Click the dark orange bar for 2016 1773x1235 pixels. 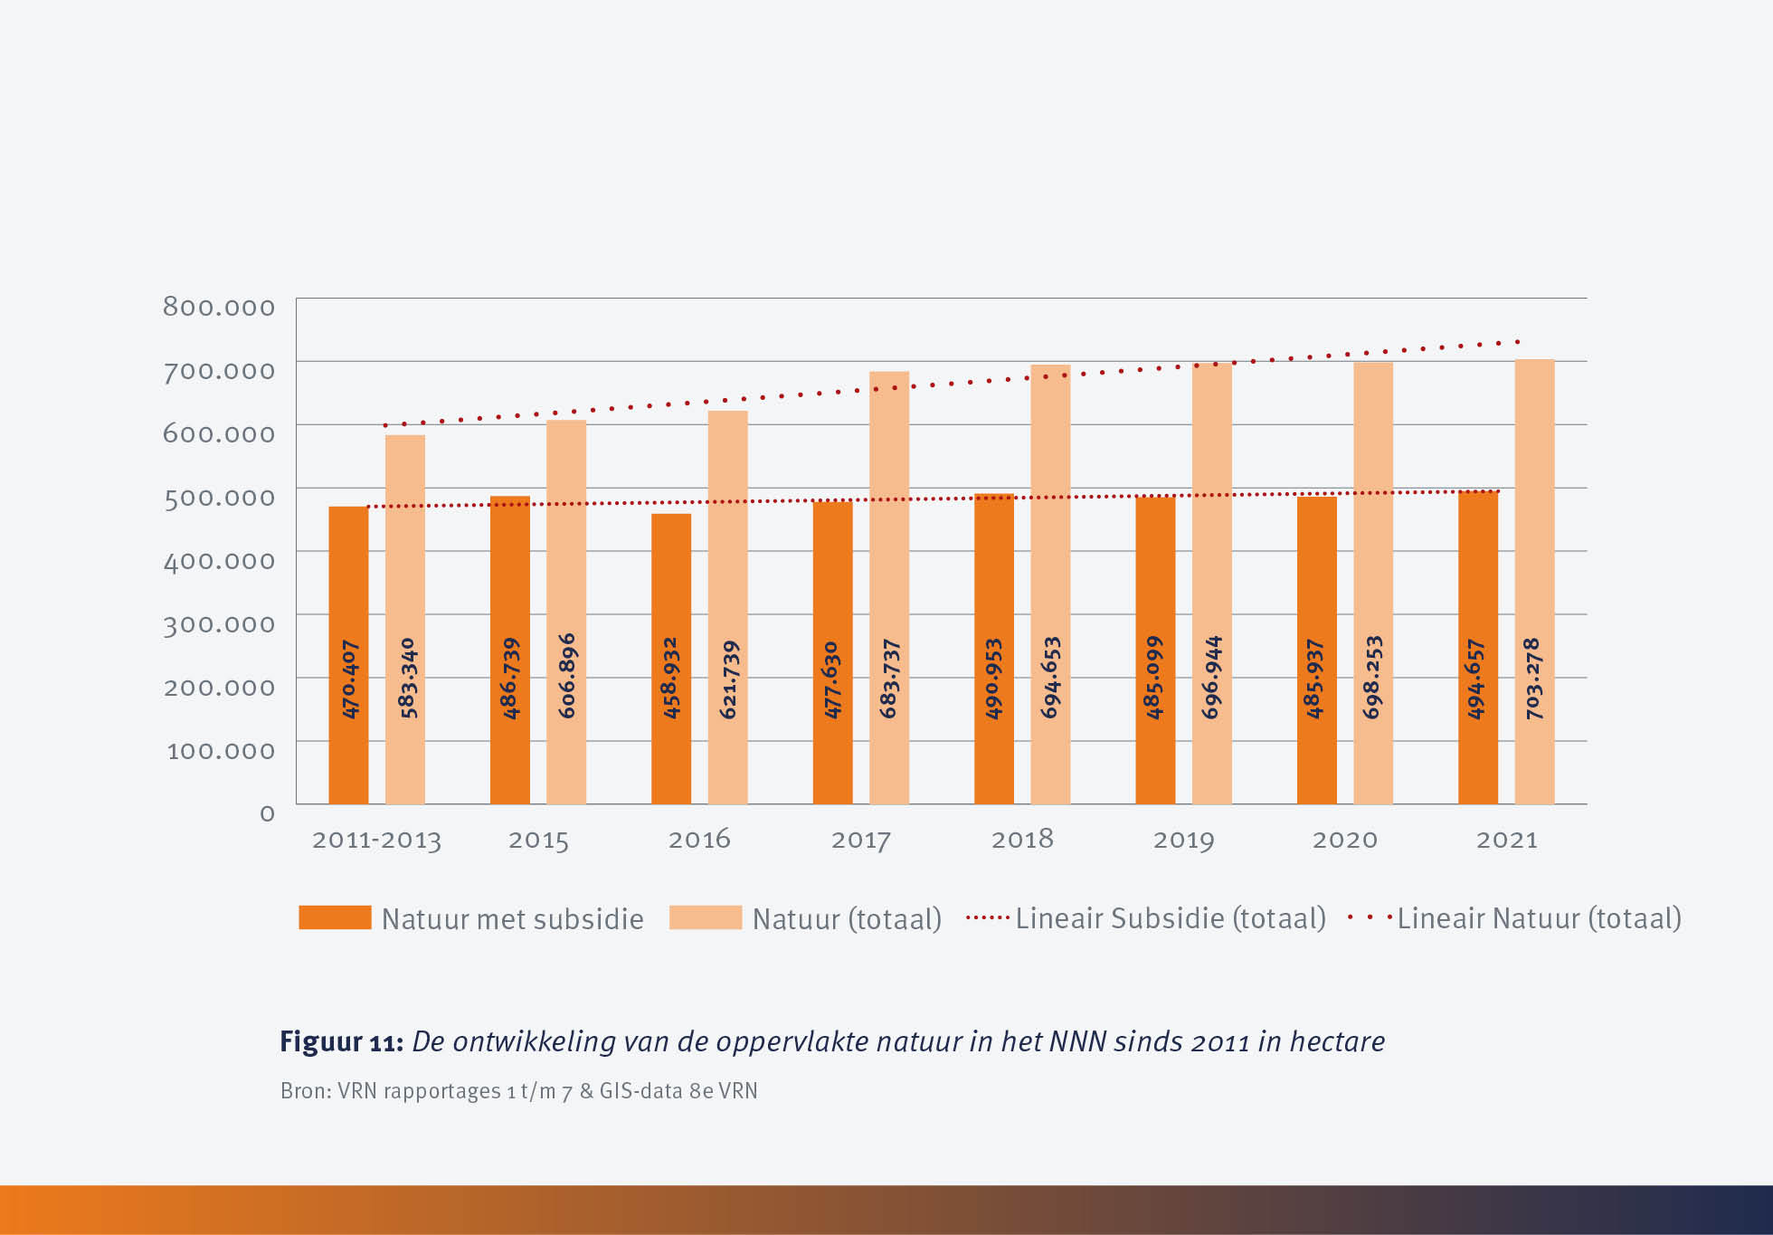(671, 659)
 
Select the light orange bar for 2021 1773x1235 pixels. (1534, 582)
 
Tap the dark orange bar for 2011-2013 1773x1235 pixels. (348, 655)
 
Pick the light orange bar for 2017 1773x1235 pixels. (889, 588)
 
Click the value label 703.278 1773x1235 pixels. (1534, 679)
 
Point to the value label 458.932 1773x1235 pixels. (671, 679)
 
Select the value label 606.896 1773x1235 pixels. (567, 677)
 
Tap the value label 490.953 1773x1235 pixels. (994, 679)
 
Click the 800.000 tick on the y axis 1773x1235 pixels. (219, 307)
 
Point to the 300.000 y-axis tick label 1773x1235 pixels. (219, 623)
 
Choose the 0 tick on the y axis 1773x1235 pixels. (267, 813)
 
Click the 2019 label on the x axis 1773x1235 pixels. (1183, 840)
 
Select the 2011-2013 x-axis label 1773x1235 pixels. (376, 840)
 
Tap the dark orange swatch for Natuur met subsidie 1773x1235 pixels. (335, 917)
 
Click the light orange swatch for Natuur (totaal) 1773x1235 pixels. (706, 917)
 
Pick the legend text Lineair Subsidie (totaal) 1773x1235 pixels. (1171, 918)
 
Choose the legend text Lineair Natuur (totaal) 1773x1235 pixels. (1539, 918)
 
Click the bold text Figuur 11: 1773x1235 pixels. (341, 1041)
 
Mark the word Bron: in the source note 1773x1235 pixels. (305, 1091)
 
